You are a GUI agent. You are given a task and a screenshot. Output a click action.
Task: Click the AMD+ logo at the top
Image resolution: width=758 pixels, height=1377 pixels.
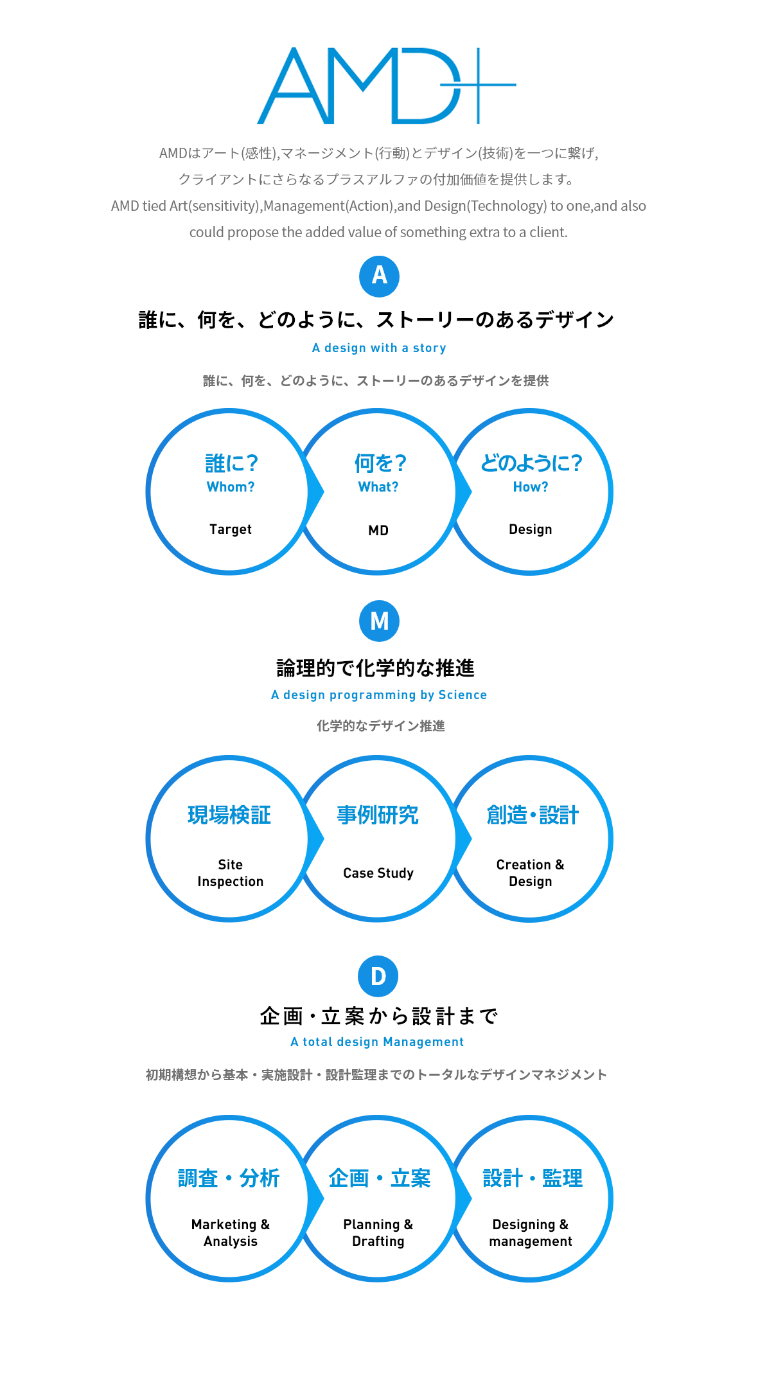point(387,85)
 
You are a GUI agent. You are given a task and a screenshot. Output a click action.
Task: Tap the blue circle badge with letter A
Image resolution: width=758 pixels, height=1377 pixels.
point(379,276)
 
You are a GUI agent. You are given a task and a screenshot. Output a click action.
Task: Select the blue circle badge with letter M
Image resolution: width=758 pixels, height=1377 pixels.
point(379,621)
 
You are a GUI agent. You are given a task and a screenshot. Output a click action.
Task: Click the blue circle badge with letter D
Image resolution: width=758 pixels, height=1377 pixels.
point(378,976)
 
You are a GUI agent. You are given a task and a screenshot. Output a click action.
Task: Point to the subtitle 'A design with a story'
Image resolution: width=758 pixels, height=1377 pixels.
point(379,348)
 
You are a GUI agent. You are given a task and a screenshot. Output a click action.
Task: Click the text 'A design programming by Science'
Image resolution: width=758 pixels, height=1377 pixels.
point(379,695)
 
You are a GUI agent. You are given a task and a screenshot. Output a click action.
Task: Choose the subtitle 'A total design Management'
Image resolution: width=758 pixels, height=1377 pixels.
point(377,1042)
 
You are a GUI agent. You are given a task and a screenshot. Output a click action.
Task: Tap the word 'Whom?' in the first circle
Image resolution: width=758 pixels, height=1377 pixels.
point(231,487)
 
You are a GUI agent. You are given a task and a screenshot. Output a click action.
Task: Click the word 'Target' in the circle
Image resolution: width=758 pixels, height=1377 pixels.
point(231,529)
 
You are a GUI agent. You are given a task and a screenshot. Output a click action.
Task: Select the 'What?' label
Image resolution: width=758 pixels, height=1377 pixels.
point(378,487)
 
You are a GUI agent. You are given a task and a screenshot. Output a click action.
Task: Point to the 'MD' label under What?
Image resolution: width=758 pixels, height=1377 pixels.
point(378,531)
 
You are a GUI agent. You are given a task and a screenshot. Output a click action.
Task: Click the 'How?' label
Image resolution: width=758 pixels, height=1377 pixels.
point(531,487)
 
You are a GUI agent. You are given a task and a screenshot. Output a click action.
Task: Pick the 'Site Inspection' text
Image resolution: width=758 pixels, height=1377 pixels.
point(231,873)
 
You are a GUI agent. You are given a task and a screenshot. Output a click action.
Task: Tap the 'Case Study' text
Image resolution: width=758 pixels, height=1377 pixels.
point(378,873)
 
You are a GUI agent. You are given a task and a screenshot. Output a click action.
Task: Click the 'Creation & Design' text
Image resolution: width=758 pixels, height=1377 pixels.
point(531,873)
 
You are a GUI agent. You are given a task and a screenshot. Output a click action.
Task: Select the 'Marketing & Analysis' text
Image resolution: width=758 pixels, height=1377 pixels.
point(231,1233)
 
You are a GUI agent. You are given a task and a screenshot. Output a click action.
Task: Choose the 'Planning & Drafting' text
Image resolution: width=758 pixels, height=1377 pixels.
point(378,1233)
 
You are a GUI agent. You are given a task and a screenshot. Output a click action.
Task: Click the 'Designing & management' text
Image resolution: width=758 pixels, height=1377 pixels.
point(531,1233)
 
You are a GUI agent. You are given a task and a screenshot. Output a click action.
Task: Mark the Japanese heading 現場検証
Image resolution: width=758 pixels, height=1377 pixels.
point(229,815)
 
